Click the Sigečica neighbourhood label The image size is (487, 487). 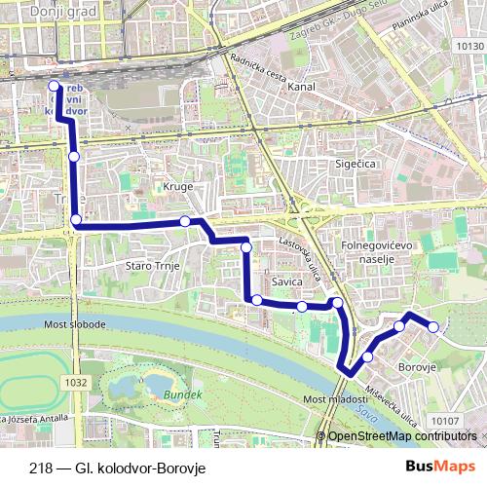point(355,165)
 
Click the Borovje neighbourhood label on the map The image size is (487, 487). point(418,368)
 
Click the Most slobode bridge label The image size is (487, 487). point(75,323)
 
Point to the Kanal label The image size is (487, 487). point(301,87)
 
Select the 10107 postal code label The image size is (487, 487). point(443,421)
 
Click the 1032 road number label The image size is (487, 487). point(77,383)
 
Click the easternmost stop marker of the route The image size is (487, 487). point(433,325)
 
